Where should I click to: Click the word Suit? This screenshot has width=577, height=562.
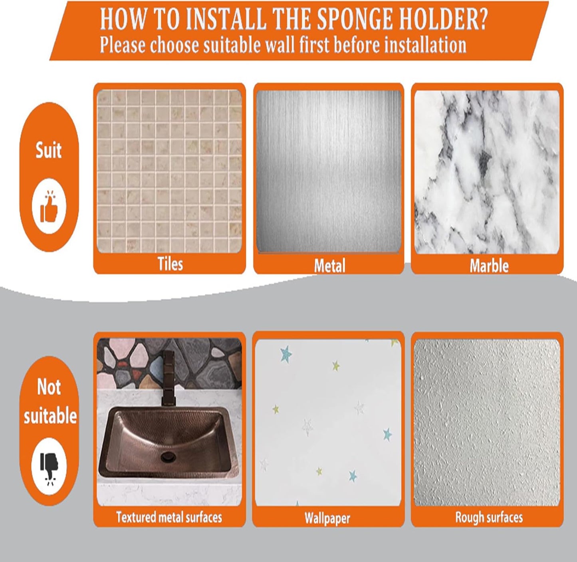point(49,151)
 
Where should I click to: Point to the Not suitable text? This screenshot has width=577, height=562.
point(50,402)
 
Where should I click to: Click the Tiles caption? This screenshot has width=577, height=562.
point(170,264)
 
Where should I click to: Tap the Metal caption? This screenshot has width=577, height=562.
point(329,266)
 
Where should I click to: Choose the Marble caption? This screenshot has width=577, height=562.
point(489,266)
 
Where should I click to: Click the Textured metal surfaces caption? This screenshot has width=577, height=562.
point(169,517)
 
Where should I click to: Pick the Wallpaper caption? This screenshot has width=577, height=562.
point(327,518)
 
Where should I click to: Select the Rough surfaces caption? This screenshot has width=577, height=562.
point(489,517)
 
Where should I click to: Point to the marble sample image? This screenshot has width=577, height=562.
point(487,172)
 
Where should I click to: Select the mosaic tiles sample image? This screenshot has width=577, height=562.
point(170,171)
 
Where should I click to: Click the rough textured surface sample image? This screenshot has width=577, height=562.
point(487,423)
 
